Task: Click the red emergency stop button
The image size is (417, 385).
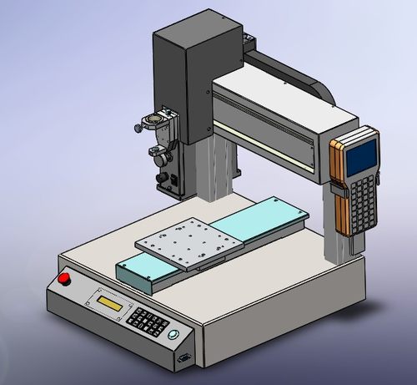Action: [64, 279]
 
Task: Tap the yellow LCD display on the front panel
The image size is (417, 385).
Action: [112, 301]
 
